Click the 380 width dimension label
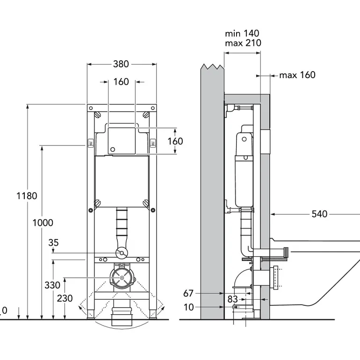click(121, 64)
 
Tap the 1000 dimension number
click(43, 223)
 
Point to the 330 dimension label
click(53, 285)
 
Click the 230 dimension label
click(65, 298)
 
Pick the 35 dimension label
click(53, 243)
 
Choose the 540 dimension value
click(319, 214)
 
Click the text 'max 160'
click(297, 75)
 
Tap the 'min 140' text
click(242, 33)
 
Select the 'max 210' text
click(243, 43)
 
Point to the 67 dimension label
click(188, 294)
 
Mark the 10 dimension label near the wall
click(188, 307)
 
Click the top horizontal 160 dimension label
click(121, 82)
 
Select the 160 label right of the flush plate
click(175, 141)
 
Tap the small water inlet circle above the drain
click(122, 253)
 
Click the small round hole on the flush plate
click(112, 150)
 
